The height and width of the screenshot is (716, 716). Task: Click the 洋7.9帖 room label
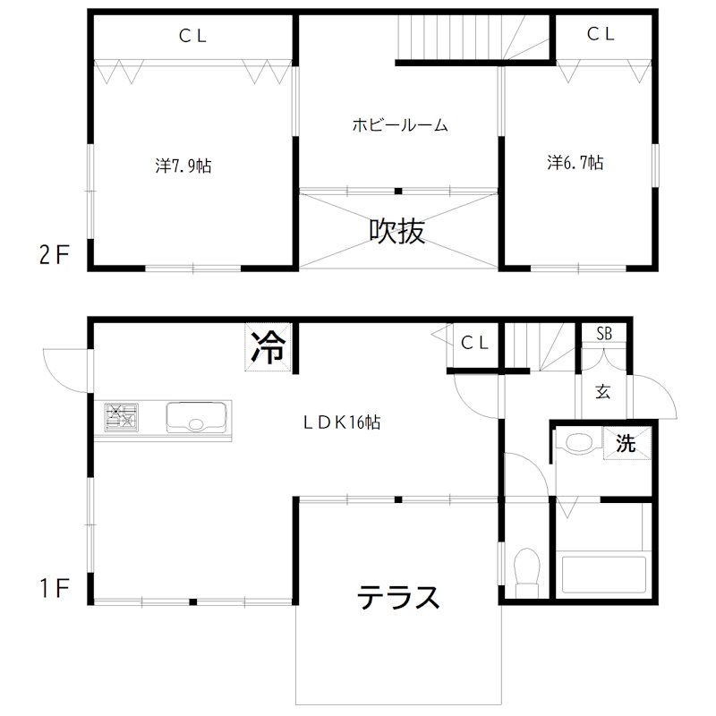(x=183, y=166)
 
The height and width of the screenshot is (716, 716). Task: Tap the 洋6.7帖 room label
(x=575, y=163)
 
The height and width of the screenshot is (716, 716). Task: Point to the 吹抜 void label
(x=397, y=232)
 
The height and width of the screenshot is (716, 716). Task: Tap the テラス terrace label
(x=399, y=597)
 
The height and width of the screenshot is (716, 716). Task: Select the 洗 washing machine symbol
(x=626, y=442)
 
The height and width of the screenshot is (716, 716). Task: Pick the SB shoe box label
(x=605, y=334)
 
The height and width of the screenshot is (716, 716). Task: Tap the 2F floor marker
(x=54, y=255)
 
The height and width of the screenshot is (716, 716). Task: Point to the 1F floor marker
(x=54, y=588)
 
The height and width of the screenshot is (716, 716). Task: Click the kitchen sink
(x=198, y=418)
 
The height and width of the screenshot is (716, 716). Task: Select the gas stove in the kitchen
(x=123, y=418)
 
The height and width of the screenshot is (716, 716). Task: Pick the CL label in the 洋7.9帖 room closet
(x=192, y=36)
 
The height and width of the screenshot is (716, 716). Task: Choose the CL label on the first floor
(x=473, y=342)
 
